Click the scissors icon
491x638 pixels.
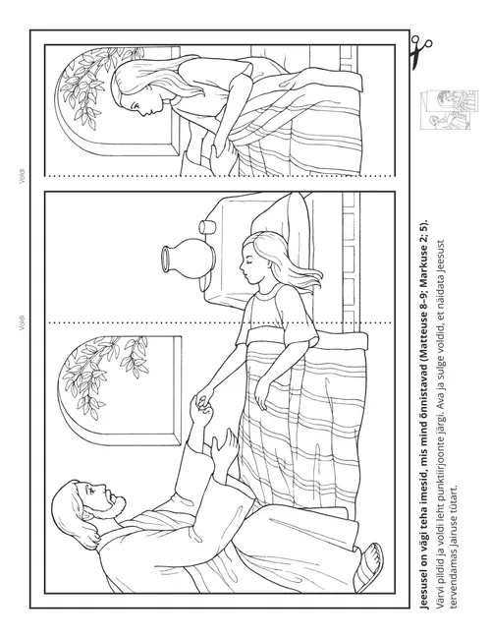click(419, 51)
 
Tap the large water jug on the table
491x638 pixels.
click(188, 259)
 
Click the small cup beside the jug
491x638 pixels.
click(207, 227)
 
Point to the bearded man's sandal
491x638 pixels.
click(370, 567)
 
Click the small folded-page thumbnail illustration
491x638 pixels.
click(449, 109)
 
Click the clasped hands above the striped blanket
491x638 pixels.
click(203, 406)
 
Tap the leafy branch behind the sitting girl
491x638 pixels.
click(92, 86)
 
